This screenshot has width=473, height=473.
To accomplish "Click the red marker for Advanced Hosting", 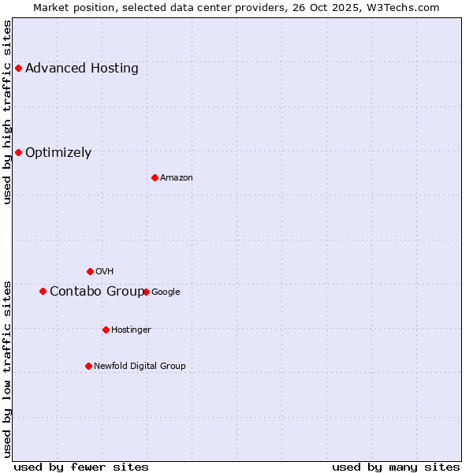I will pyautogui.click(x=18, y=68).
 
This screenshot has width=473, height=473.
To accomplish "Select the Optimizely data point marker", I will pyautogui.click(x=18, y=152).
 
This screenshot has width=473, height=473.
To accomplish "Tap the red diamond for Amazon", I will pyautogui.click(x=155, y=177).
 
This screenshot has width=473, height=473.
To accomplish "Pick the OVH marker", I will pyautogui.click(x=90, y=271).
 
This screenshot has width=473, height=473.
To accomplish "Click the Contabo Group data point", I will pyautogui.click(x=43, y=291).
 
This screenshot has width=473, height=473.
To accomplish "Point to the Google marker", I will pyautogui.click(x=146, y=292).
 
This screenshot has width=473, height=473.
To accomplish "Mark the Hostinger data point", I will pyautogui.click(x=106, y=330).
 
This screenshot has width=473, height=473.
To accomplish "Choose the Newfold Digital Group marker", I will pyautogui.click(x=88, y=366).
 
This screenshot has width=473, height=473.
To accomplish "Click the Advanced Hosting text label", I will pyautogui.click(x=82, y=68).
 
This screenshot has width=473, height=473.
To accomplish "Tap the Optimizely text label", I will pyautogui.click(x=58, y=153).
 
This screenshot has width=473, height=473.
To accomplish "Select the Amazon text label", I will pyautogui.click(x=177, y=177).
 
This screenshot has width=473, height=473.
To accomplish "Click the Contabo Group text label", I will pyautogui.click(x=97, y=292).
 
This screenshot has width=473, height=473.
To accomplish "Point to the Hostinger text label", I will pyautogui.click(x=131, y=330).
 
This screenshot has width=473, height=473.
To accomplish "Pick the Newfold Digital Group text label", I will pyautogui.click(x=140, y=366).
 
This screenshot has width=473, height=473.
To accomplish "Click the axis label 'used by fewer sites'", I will pyautogui.click(x=81, y=467).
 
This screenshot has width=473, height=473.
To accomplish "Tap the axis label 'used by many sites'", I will pyautogui.click(x=396, y=467).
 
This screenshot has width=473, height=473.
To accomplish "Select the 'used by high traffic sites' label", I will pyautogui.click(x=7, y=112).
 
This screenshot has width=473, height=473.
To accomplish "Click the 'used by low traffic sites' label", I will pyautogui.click(x=7, y=368).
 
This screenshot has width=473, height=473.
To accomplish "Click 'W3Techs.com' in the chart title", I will pyautogui.click(x=404, y=7).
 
